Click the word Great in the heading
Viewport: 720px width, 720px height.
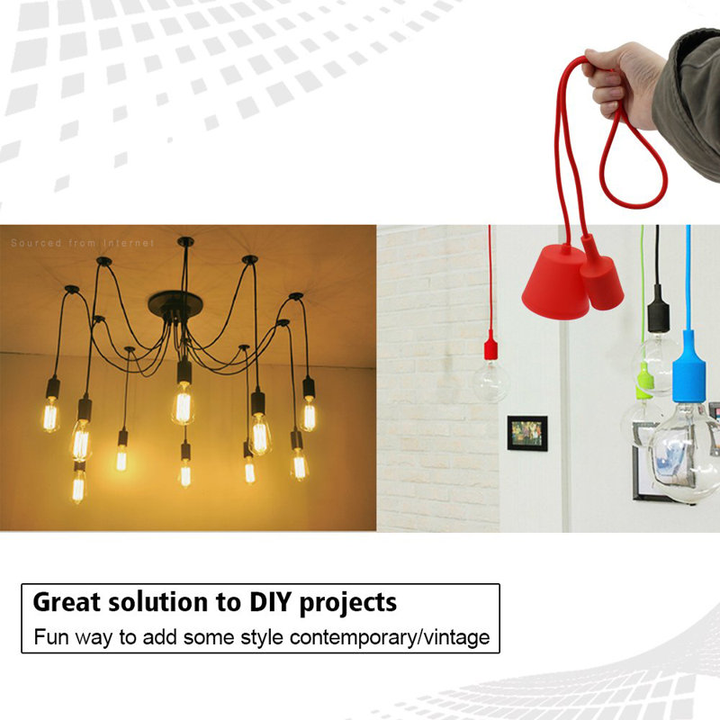click(x=66, y=601)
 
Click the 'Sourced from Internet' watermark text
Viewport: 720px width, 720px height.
click(x=83, y=243)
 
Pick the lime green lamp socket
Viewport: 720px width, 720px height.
click(x=644, y=381)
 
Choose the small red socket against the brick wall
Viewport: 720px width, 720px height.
click(x=490, y=346)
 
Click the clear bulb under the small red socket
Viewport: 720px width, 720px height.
click(x=491, y=382)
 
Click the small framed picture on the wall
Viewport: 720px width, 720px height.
click(x=526, y=432)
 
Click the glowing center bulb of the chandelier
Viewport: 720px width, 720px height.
click(x=183, y=402)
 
